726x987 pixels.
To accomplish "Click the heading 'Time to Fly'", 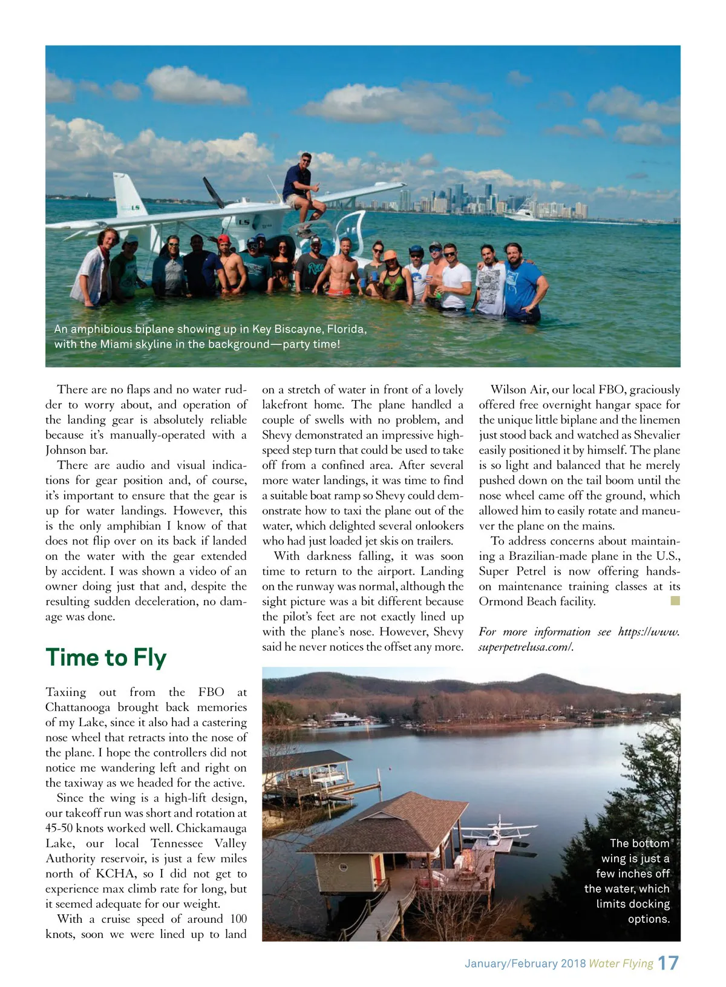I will tap(106, 658).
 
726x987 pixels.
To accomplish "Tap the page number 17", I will tap(668, 963).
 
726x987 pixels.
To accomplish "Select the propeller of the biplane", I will tap(213, 193).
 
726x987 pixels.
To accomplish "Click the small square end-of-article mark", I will tap(676, 601).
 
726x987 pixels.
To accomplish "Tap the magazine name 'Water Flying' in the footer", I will tap(621, 963).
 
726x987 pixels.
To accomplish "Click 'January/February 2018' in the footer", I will tap(525, 963).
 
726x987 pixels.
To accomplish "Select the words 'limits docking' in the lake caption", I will tap(633, 904).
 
